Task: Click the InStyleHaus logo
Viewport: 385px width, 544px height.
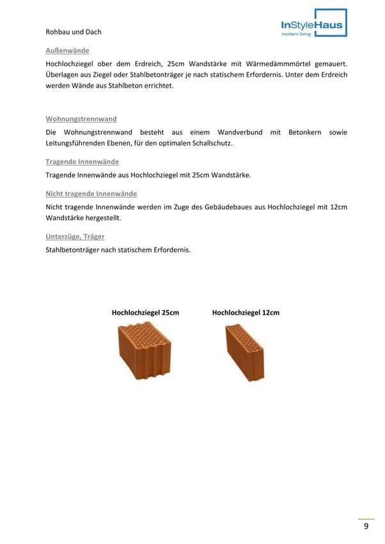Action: pyautogui.click(x=313, y=24)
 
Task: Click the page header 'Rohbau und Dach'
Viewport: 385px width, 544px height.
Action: pyautogui.click(x=74, y=31)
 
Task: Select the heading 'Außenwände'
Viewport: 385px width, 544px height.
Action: pyautogui.click(x=67, y=50)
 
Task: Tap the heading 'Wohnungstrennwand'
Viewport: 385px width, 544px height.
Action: pyautogui.click(x=81, y=118)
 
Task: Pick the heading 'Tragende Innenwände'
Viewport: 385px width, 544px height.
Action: pyautogui.click(x=82, y=161)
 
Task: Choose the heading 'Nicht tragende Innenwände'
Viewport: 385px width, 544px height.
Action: pyautogui.click(x=91, y=193)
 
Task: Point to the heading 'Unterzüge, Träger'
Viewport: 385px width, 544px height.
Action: pyautogui.click(x=75, y=236)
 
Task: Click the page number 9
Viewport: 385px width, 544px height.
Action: pyautogui.click(x=366, y=526)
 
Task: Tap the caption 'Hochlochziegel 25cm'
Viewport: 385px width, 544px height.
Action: pyautogui.click(x=145, y=313)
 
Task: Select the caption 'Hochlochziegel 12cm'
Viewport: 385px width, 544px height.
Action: pyautogui.click(x=246, y=313)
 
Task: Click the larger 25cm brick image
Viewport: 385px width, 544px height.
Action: pyautogui.click(x=145, y=351)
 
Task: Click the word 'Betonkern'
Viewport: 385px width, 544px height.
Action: pyautogui.click(x=305, y=132)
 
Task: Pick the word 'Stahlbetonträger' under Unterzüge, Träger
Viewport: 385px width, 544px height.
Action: pyautogui.click(x=74, y=250)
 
